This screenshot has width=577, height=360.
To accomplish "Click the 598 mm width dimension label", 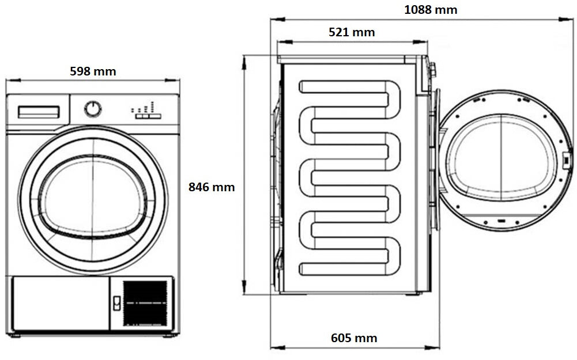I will (93, 71).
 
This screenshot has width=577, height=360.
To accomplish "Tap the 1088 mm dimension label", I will (431, 10).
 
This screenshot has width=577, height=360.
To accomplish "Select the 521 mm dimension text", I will (352, 32).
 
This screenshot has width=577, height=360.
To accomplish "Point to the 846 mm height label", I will (212, 187).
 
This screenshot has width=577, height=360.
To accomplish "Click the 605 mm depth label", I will (354, 338).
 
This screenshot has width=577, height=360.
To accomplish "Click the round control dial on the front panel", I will (93, 109).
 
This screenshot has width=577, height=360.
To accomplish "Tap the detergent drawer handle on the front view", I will (39, 112).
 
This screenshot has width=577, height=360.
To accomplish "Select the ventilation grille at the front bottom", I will (145, 302).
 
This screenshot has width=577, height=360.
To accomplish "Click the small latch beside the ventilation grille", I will (116, 303).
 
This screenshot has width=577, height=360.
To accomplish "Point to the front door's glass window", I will (93, 196).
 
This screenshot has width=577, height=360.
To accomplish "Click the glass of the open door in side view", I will (501, 158).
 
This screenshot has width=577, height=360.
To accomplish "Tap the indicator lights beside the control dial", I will (144, 107).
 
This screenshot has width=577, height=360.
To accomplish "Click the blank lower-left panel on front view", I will (59, 304).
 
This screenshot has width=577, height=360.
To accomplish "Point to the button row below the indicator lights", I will (148, 116).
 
